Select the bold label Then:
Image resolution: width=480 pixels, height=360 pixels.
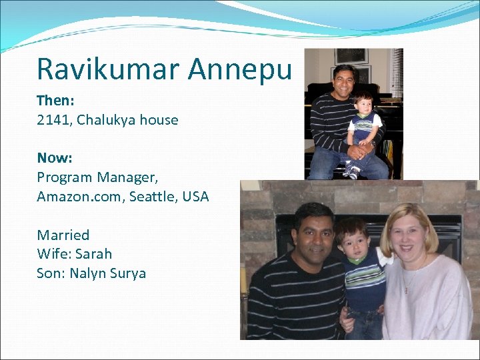[55, 101]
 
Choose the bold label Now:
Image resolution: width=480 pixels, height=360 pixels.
[55, 158]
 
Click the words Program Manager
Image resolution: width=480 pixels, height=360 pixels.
[97, 178]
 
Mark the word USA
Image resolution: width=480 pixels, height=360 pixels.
[195, 197]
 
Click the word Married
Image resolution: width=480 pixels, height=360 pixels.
[63, 235]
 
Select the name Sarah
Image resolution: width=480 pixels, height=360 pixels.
[93, 254]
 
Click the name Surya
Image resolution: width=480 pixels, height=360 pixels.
[129, 273]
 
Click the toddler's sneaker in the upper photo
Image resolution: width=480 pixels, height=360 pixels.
[353, 172]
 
